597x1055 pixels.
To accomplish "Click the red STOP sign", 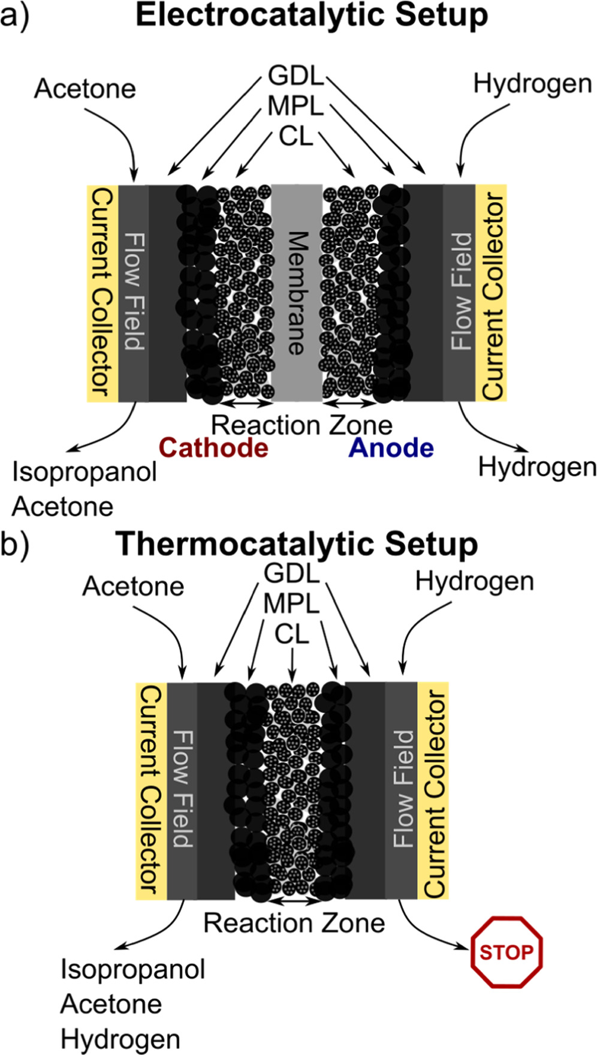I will (x=506, y=952).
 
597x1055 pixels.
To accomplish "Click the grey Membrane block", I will (x=297, y=293).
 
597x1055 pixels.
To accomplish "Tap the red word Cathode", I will (x=214, y=448).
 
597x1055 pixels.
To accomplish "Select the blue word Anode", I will (x=391, y=448).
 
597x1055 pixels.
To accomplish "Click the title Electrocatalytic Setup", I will (x=312, y=16).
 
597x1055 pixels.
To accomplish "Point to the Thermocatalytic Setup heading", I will (x=297, y=544).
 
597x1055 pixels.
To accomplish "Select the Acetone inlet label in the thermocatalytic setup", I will (x=133, y=586).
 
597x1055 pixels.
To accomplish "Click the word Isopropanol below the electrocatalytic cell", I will (x=85, y=472).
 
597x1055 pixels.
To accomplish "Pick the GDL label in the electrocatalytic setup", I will (x=296, y=76).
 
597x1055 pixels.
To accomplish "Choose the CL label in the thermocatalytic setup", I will (x=292, y=634).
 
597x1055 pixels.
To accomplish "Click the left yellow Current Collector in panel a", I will (x=102, y=293).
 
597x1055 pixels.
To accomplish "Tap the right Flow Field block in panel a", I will (x=460, y=293).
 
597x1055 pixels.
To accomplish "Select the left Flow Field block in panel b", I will (x=182, y=790).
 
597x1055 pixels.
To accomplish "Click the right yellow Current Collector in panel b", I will (x=434, y=790).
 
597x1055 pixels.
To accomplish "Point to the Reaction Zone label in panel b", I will (x=294, y=923).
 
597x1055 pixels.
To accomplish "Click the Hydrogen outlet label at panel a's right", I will (x=537, y=467).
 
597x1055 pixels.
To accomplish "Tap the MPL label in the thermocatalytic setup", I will (x=292, y=603).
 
